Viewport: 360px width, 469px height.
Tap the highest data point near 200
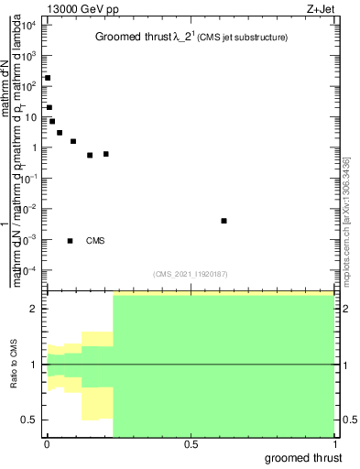coord(47,78)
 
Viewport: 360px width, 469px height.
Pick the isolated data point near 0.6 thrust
coord(224,221)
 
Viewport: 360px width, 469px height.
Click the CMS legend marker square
coord(71,241)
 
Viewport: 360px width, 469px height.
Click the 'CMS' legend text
coord(95,241)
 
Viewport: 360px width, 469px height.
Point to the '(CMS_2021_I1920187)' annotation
coord(191,273)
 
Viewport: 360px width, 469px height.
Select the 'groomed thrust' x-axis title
coord(304,456)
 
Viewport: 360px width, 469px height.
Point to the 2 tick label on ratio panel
coord(34,309)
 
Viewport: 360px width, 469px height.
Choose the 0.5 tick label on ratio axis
coord(29,420)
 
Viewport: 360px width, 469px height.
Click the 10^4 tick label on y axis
coord(29,25)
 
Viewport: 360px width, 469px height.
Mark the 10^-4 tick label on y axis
coord(29,270)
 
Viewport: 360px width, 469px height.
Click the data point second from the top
coord(49,107)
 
